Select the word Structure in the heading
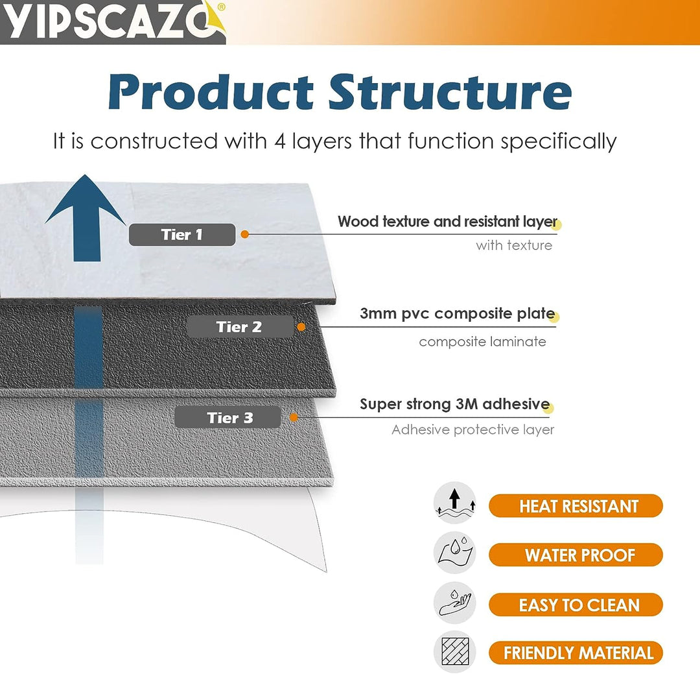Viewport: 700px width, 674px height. [450, 91]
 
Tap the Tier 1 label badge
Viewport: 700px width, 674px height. [181, 235]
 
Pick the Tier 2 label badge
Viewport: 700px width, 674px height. [240, 327]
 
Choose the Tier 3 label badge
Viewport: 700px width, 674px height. [227, 418]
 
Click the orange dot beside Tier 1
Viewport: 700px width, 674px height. [244, 234]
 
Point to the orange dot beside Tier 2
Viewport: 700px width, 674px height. [301, 327]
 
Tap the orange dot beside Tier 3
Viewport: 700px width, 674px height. [294, 418]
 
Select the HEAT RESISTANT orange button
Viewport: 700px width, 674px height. [576, 506]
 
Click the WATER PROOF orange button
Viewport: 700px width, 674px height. [576, 555]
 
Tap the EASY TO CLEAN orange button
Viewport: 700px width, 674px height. [576, 605]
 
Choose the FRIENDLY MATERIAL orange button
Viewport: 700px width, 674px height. [576, 653]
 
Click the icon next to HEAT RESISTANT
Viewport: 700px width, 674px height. [455, 503]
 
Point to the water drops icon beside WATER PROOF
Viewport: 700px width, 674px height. [455, 553]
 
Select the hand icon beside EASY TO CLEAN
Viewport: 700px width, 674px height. [455, 603]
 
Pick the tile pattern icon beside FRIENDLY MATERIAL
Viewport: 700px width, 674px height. [455, 651]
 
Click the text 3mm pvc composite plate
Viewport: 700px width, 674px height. [457, 314]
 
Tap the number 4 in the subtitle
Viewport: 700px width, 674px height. [280, 141]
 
